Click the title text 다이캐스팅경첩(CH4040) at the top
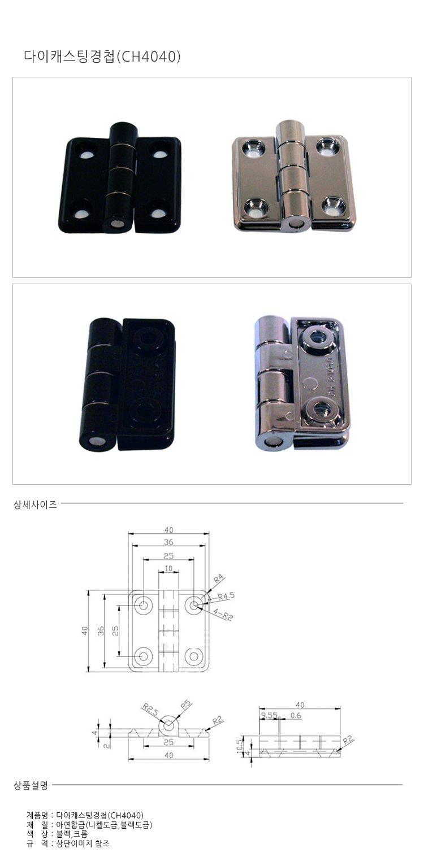[x=102, y=56]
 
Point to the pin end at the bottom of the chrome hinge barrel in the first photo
[x=293, y=224]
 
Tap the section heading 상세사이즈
[x=35, y=505]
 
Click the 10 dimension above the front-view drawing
[x=168, y=568]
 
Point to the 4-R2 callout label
[x=224, y=616]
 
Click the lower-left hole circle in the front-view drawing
[x=144, y=656]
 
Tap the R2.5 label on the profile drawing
[x=150, y=707]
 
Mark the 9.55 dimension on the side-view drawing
[x=269, y=715]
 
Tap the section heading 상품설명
[x=31, y=785]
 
